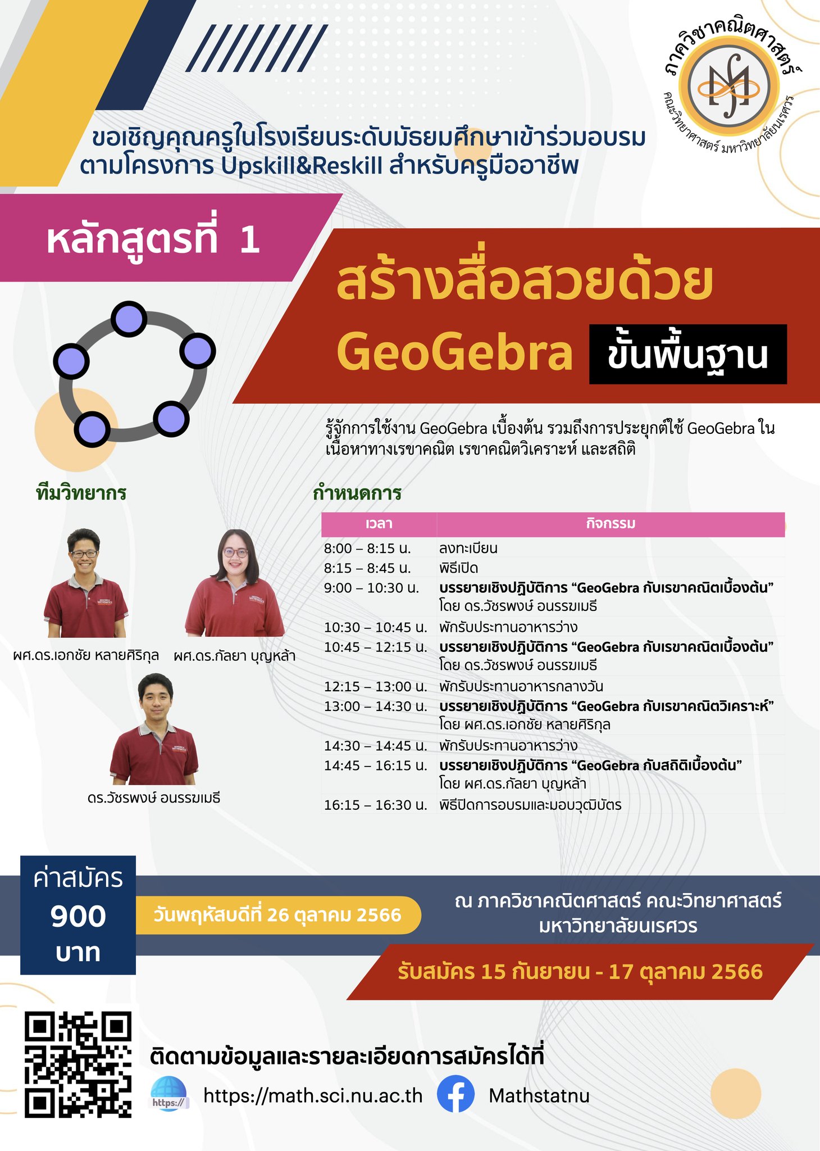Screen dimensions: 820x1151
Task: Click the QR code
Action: (78, 1064)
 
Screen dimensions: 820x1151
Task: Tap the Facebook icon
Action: (455, 1094)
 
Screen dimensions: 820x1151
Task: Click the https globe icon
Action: (169, 1094)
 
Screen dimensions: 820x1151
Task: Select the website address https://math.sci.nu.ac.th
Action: (313, 1095)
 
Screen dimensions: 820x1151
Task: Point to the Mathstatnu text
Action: (539, 1095)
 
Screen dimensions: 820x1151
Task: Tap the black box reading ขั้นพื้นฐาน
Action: (687, 354)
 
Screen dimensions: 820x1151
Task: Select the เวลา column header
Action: (379, 524)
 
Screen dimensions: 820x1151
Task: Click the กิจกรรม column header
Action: (611, 524)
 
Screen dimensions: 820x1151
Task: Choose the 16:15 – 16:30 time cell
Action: (375, 805)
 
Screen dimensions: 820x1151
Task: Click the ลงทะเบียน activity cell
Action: (468, 548)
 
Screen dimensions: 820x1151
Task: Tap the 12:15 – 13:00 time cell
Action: (375, 686)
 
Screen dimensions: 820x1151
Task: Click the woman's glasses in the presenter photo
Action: (235, 552)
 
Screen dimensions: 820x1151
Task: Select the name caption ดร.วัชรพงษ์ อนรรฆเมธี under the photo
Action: (154, 797)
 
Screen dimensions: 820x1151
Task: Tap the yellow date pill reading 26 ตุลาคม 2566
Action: (277, 915)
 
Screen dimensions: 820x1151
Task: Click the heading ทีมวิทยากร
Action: (81, 493)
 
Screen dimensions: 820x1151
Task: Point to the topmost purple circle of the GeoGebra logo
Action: (129, 319)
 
